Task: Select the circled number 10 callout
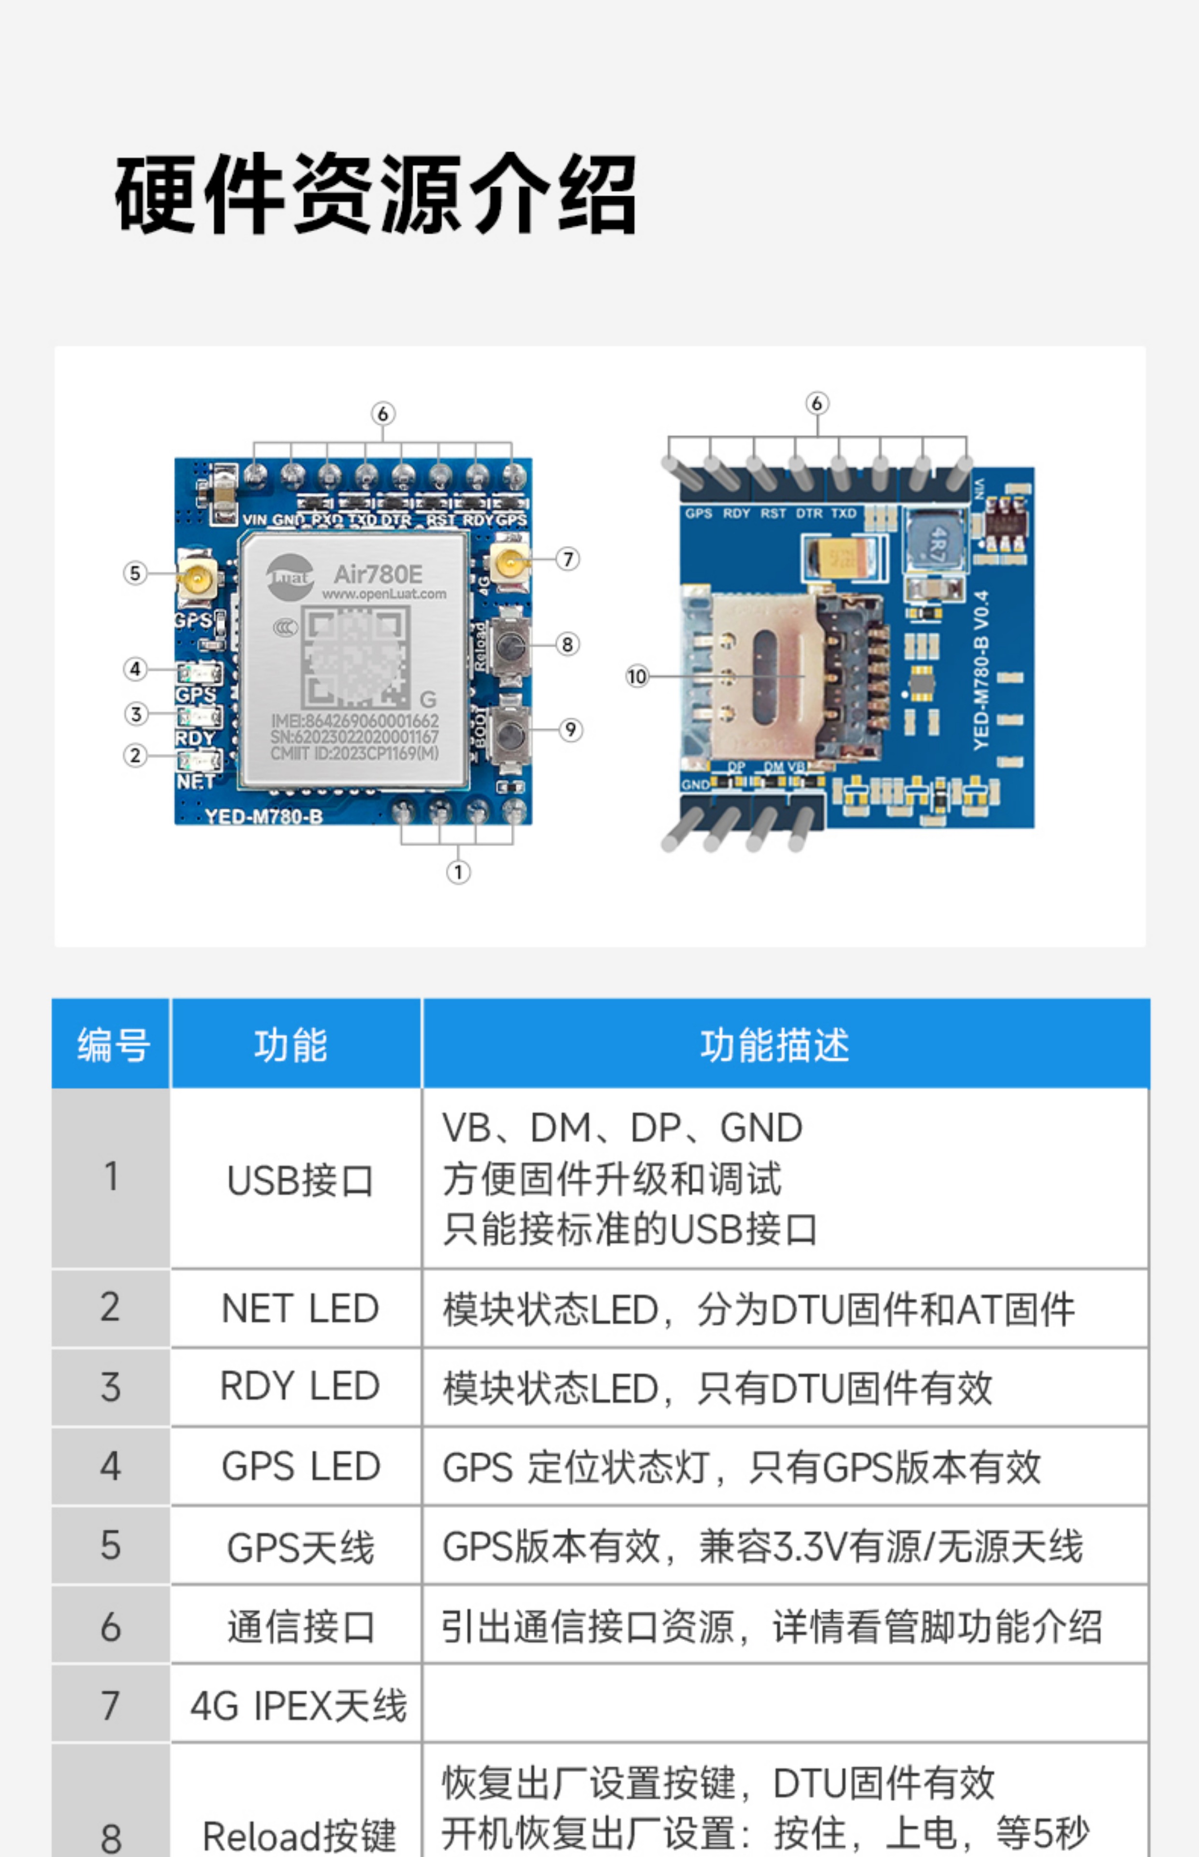(637, 676)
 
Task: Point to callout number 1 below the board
(458, 872)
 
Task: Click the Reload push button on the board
(511, 645)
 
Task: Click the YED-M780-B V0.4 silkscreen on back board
(981, 670)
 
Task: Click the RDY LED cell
(300, 1387)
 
